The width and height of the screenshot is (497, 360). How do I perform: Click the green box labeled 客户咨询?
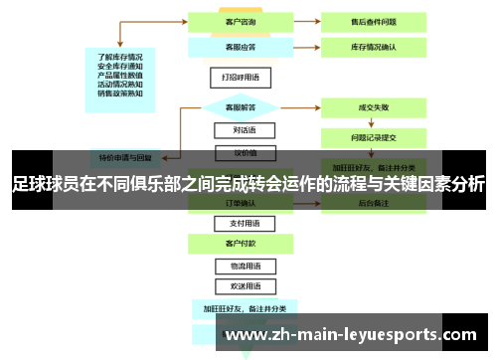[237, 20]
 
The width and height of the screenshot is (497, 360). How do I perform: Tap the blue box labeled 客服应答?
[237, 47]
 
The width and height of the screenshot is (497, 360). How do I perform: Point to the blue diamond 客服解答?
[237, 106]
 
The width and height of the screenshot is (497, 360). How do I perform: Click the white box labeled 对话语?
[237, 130]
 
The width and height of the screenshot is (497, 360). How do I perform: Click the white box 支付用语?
[237, 224]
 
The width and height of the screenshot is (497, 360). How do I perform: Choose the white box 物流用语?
[237, 267]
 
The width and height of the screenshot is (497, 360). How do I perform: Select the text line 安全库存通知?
[119, 66]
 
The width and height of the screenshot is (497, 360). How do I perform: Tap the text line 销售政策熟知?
[119, 93]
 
